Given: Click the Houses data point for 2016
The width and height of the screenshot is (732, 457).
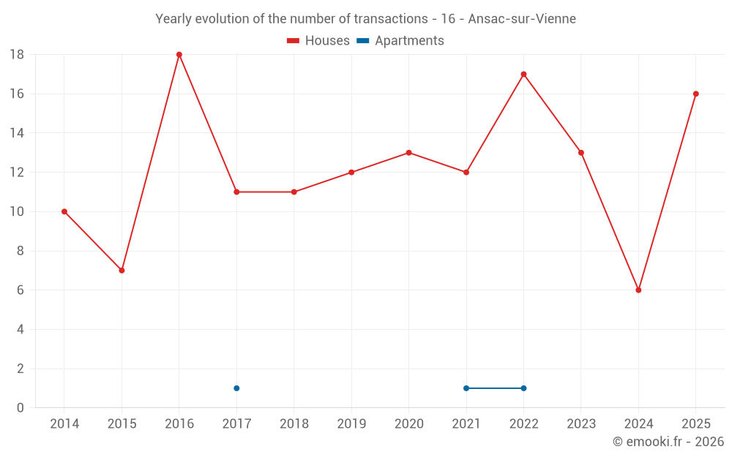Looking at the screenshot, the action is point(179,55).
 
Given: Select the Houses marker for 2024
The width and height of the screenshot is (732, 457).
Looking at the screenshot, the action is point(638,290).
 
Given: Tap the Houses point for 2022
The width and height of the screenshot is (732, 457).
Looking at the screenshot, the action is point(524,74).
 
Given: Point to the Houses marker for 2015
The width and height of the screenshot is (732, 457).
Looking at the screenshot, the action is point(122,271).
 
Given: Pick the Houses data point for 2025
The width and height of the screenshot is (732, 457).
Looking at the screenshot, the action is point(696,94).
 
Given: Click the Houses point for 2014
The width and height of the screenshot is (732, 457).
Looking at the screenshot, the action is point(64,212).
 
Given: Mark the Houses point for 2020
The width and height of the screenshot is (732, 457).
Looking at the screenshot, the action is point(409,153).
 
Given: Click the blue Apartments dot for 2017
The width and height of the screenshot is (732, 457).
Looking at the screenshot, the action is point(236,388).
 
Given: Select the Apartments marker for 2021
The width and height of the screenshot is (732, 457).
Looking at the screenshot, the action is point(466,388).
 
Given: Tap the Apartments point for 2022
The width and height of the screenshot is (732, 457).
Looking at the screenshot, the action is point(524,388).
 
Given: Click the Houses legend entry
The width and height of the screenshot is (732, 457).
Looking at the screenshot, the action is point(318,40).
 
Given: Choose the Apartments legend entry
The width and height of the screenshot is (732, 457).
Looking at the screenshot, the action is point(400,40).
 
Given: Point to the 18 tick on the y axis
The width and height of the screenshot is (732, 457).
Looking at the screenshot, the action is point(17,55).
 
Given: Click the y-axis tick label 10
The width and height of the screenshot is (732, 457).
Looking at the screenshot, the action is point(17,212).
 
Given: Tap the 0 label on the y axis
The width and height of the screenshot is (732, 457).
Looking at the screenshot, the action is point(20,408).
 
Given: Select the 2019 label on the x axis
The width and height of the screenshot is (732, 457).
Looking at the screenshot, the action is point(351,423).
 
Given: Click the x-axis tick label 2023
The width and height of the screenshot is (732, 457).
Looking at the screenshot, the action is point(581,423).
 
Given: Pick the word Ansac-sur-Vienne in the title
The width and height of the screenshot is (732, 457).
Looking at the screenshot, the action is point(522,19).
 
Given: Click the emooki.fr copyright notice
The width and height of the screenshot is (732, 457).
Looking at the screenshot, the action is point(668,441).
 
